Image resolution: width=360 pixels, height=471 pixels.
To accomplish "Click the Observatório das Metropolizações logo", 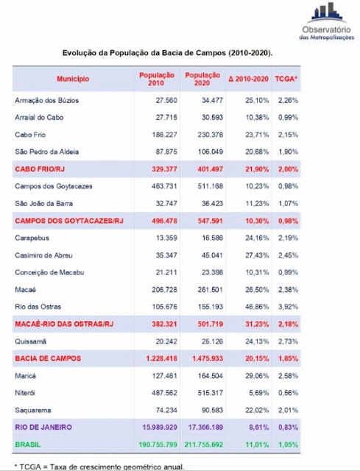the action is coord(327,21).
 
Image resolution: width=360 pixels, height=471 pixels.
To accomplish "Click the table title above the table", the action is coord(167,53).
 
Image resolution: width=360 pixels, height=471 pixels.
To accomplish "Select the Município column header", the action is coord(73,79).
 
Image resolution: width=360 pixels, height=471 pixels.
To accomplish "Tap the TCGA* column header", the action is coord(286,79).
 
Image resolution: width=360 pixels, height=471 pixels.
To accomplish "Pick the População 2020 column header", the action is coord(202,79).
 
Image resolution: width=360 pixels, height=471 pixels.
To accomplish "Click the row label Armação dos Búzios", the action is coord(47,100).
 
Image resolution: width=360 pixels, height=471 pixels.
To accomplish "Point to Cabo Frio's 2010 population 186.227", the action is coord(164,135).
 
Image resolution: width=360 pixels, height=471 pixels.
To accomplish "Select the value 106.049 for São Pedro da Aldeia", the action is coord(211,152).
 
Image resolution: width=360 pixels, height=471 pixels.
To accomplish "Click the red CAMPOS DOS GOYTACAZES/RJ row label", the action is coord(69,221).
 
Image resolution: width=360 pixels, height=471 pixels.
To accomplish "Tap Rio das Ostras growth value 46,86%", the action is coord(257,307).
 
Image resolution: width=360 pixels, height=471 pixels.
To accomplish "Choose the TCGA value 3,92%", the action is coord(288,307).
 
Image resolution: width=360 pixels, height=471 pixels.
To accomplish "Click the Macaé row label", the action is coord(26,289).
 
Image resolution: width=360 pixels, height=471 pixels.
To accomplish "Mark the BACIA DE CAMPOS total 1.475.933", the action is coord(208,358).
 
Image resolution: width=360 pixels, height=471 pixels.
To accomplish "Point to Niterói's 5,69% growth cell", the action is coord(258,393).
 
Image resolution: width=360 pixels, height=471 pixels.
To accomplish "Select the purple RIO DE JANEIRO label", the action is coord(43,427).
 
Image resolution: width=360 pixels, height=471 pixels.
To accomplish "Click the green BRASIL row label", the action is coord(28,445).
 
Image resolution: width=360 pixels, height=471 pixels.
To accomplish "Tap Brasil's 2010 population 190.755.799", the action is coord(158,445).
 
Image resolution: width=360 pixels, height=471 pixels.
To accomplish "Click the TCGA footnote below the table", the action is coord(99,467).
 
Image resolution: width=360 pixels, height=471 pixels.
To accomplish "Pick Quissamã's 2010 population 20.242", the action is coord(166,341).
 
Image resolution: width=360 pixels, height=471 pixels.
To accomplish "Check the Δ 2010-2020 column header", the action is coord(248,79).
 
